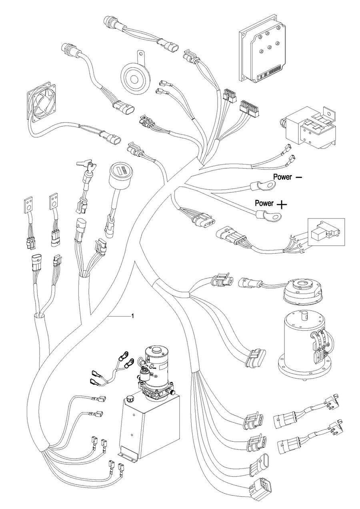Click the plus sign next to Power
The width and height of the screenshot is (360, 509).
[x=282, y=205]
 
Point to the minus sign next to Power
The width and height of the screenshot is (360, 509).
[x=299, y=176]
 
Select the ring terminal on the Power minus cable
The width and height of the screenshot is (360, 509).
[x=266, y=186]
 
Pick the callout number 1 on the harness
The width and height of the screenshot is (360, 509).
[x=132, y=316]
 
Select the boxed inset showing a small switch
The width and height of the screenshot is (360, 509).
[x=326, y=231]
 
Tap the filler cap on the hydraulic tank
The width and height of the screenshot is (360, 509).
[x=129, y=399]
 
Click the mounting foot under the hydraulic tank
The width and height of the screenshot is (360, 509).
[x=127, y=455]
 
